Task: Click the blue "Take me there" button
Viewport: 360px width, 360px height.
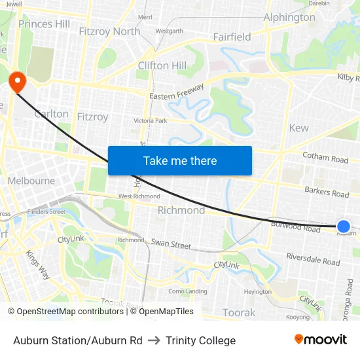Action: [180, 160]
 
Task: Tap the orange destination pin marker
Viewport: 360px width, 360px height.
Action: [16, 82]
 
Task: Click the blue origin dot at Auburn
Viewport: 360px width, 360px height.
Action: [344, 226]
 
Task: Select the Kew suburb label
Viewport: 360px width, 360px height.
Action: [298, 128]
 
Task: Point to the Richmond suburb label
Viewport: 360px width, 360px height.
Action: [181, 210]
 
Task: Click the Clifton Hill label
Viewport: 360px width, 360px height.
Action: [162, 65]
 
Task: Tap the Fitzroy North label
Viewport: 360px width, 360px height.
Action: [109, 31]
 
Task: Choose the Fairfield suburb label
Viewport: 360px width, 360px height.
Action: [232, 37]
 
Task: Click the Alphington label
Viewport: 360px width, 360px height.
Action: [289, 18]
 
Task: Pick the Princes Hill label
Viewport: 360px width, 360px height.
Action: [45, 24]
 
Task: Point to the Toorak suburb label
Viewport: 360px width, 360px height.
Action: [239, 312]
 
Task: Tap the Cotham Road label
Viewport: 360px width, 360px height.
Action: [325, 158]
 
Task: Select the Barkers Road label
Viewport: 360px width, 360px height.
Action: [327, 192]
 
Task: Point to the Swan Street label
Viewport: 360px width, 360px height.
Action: [171, 244]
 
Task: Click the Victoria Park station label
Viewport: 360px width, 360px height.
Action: [151, 121]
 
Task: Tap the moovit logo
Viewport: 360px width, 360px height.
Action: [321, 339]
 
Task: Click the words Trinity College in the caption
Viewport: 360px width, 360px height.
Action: [200, 340]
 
